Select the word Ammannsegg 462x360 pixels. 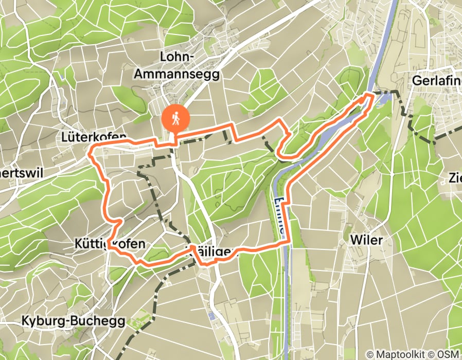pyautogui.click(x=176, y=74)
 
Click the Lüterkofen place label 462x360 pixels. pyautogui.click(x=93, y=137)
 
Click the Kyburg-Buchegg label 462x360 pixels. pyautogui.click(x=73, y=321)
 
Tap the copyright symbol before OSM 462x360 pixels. pyautogui.click(x=437, y=354)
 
